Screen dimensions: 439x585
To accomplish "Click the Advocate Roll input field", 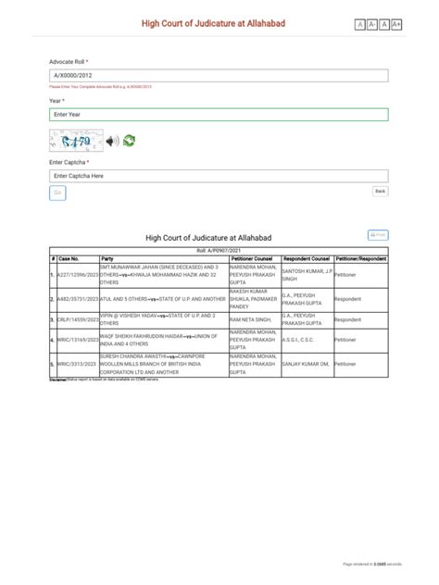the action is coord(219,74).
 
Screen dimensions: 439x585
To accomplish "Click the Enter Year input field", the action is coord(219,115).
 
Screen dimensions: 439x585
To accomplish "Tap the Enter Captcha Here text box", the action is coord(219,175).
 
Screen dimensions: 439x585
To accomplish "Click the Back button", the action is coord(380,192).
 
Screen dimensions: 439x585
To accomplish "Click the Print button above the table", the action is coord(378,236).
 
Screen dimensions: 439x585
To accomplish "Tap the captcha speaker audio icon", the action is coord(111,142).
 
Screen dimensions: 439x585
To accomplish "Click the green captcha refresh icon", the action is coord(129,142).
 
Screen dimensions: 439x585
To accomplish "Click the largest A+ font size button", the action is coord(397,24).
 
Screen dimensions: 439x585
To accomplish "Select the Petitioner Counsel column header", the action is coord(251,258).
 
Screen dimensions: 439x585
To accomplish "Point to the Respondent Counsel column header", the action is coord(306,258).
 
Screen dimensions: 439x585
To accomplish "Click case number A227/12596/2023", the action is coord(77,275).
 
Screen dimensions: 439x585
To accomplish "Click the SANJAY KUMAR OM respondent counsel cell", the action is coord(306,365).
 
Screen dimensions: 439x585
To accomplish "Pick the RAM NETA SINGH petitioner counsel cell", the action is coord(253,319).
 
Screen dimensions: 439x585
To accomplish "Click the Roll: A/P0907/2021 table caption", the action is coord(219,251).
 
